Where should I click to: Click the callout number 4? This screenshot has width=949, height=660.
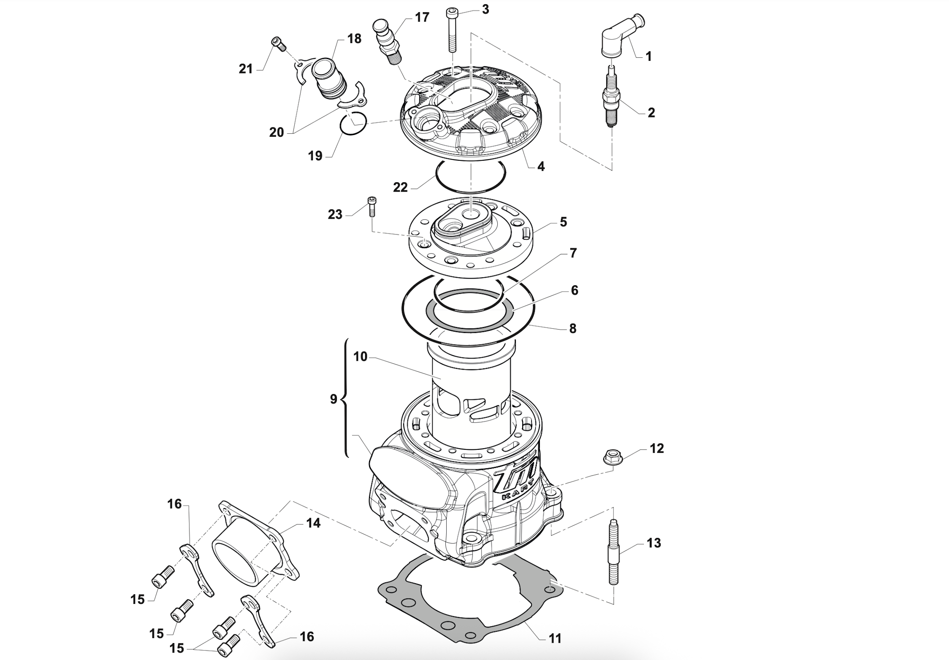point(541,166)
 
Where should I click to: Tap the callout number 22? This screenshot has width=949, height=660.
point(400,187)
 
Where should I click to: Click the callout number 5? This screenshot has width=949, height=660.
point(563,222)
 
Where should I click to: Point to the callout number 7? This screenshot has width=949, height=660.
point(573,253)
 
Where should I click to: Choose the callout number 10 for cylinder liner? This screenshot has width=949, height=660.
point(360,357)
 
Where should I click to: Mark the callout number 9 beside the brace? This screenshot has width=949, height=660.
point(334,399)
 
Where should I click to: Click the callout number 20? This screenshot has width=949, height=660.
point(277,133)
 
